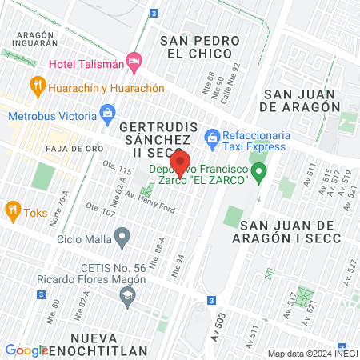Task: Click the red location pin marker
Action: point(181,163)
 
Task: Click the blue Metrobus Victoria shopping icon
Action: point(107,114)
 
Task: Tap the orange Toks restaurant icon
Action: point(12,211)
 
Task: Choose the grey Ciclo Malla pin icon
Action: point(122,236)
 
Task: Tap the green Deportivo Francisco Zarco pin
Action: point(258,171)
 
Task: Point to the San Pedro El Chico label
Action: point(200,47)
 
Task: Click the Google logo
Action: point(26,350)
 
